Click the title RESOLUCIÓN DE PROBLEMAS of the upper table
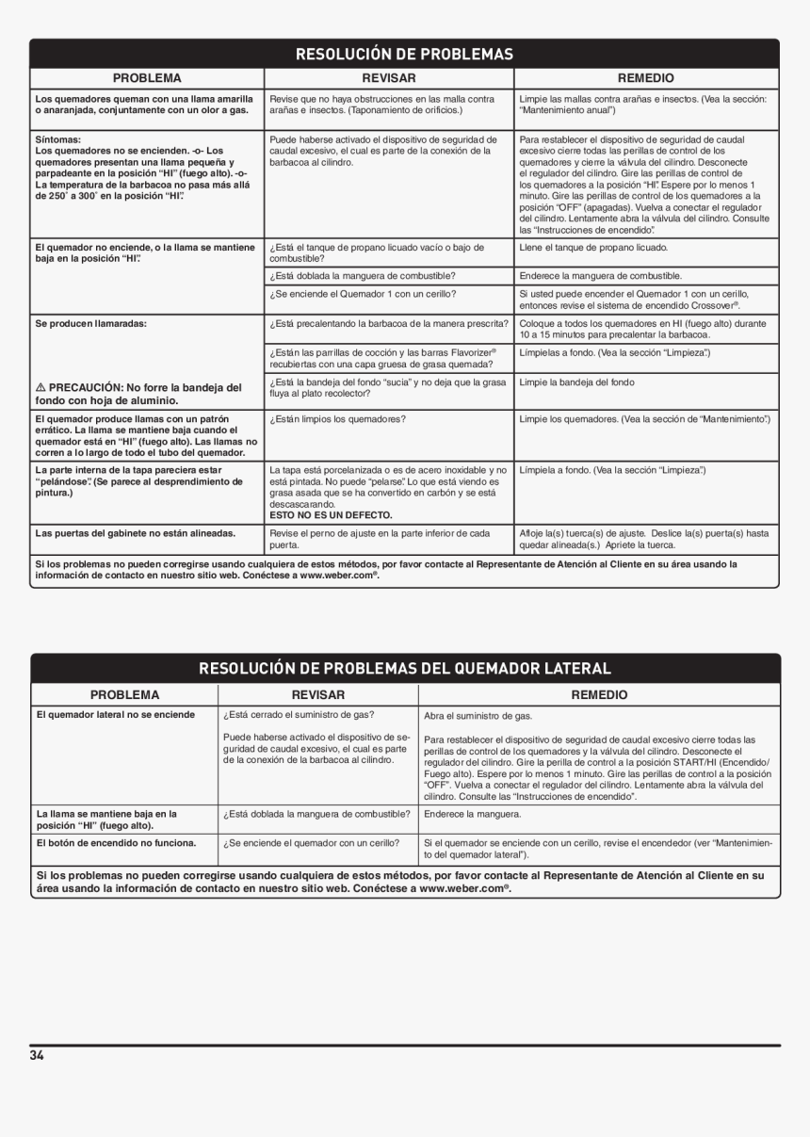point(404,54)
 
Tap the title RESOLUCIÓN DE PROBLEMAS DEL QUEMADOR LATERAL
point(404,668)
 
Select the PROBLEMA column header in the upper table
point(147,78)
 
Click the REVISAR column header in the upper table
point(389,78)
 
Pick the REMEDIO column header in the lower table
point(599,694)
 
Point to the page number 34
point(37,1055)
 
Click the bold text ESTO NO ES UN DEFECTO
point(331,515)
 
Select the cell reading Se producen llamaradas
point(91,323)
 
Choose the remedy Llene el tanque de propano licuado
point(593,247)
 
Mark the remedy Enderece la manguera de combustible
point(600,276)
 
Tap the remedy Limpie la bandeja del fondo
point(576,382)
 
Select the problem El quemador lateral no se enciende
point(116,714)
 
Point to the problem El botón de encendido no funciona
point(116,842)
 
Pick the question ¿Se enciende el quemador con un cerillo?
point(311,842)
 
